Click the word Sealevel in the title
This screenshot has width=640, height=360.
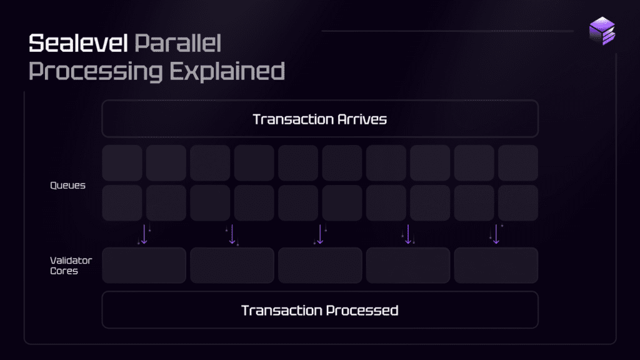click(78, 43)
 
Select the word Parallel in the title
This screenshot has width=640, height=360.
click(177, 43)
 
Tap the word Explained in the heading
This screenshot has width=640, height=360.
click(227, 71)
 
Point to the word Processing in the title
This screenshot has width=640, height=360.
click(96, 71)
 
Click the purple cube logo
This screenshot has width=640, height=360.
click(602, 31)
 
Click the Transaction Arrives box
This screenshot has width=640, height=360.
click(320, 119)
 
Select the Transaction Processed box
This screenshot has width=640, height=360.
click(320, 310)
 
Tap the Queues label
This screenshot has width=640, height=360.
click(67, 185)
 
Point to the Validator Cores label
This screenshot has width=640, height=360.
click(71, 266)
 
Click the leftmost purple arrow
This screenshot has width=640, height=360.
click(144, 234)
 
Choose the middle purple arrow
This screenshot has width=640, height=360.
click(320, 234)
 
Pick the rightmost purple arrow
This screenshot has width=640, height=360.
click(496, 234)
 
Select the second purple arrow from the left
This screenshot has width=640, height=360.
click(232, 234)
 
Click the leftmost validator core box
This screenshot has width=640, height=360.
click(144, 265)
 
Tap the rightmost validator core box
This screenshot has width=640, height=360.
click(496, 265)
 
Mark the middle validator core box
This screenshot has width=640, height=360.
click(320, 265)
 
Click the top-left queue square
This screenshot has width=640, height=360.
click(122, 163)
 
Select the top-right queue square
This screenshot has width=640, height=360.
click(518, 163)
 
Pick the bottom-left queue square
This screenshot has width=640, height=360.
click(122, 203)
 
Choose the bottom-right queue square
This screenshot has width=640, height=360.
click(518, 203)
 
